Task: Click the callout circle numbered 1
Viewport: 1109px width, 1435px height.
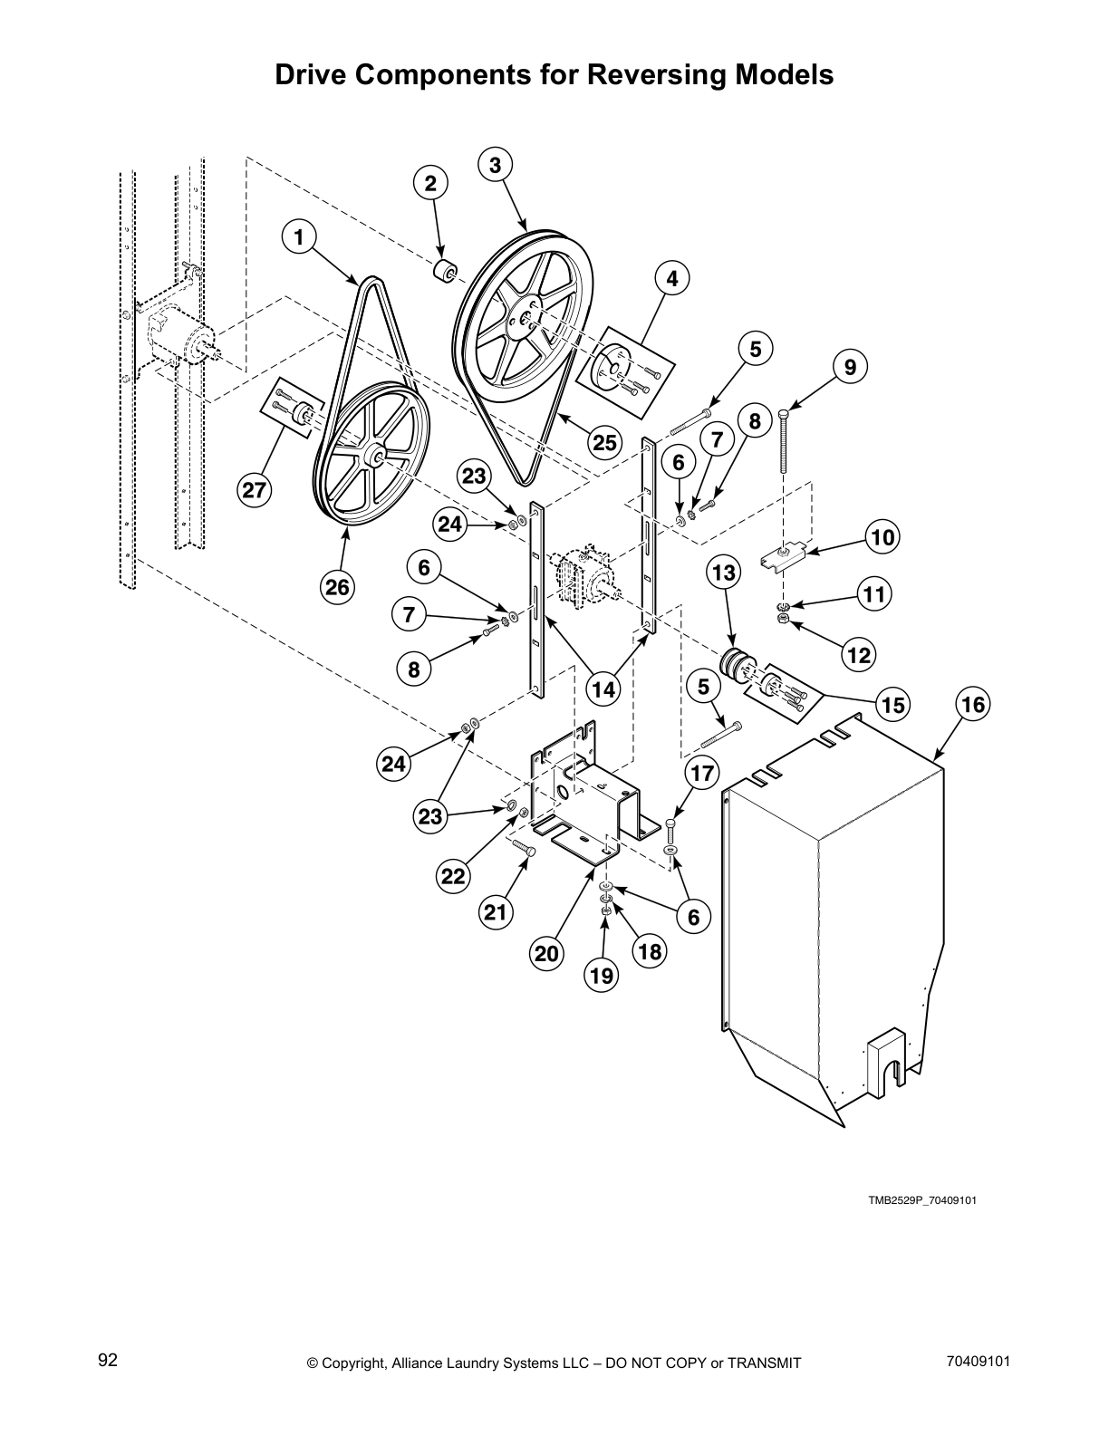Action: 298,237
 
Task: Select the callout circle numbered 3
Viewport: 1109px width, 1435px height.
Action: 495,165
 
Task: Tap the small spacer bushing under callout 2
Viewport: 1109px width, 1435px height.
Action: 444,271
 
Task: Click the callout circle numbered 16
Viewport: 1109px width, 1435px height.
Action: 973,704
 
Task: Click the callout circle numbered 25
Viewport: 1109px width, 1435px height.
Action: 604,442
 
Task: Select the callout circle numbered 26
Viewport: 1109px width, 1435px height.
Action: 337,587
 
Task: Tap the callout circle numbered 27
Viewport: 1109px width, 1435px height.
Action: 254,490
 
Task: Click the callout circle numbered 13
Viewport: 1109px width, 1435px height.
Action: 724,573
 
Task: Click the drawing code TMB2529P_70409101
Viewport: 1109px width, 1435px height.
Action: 922,1200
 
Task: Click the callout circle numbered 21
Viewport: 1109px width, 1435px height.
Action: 495,912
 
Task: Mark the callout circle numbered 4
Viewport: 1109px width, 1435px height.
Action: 671,279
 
